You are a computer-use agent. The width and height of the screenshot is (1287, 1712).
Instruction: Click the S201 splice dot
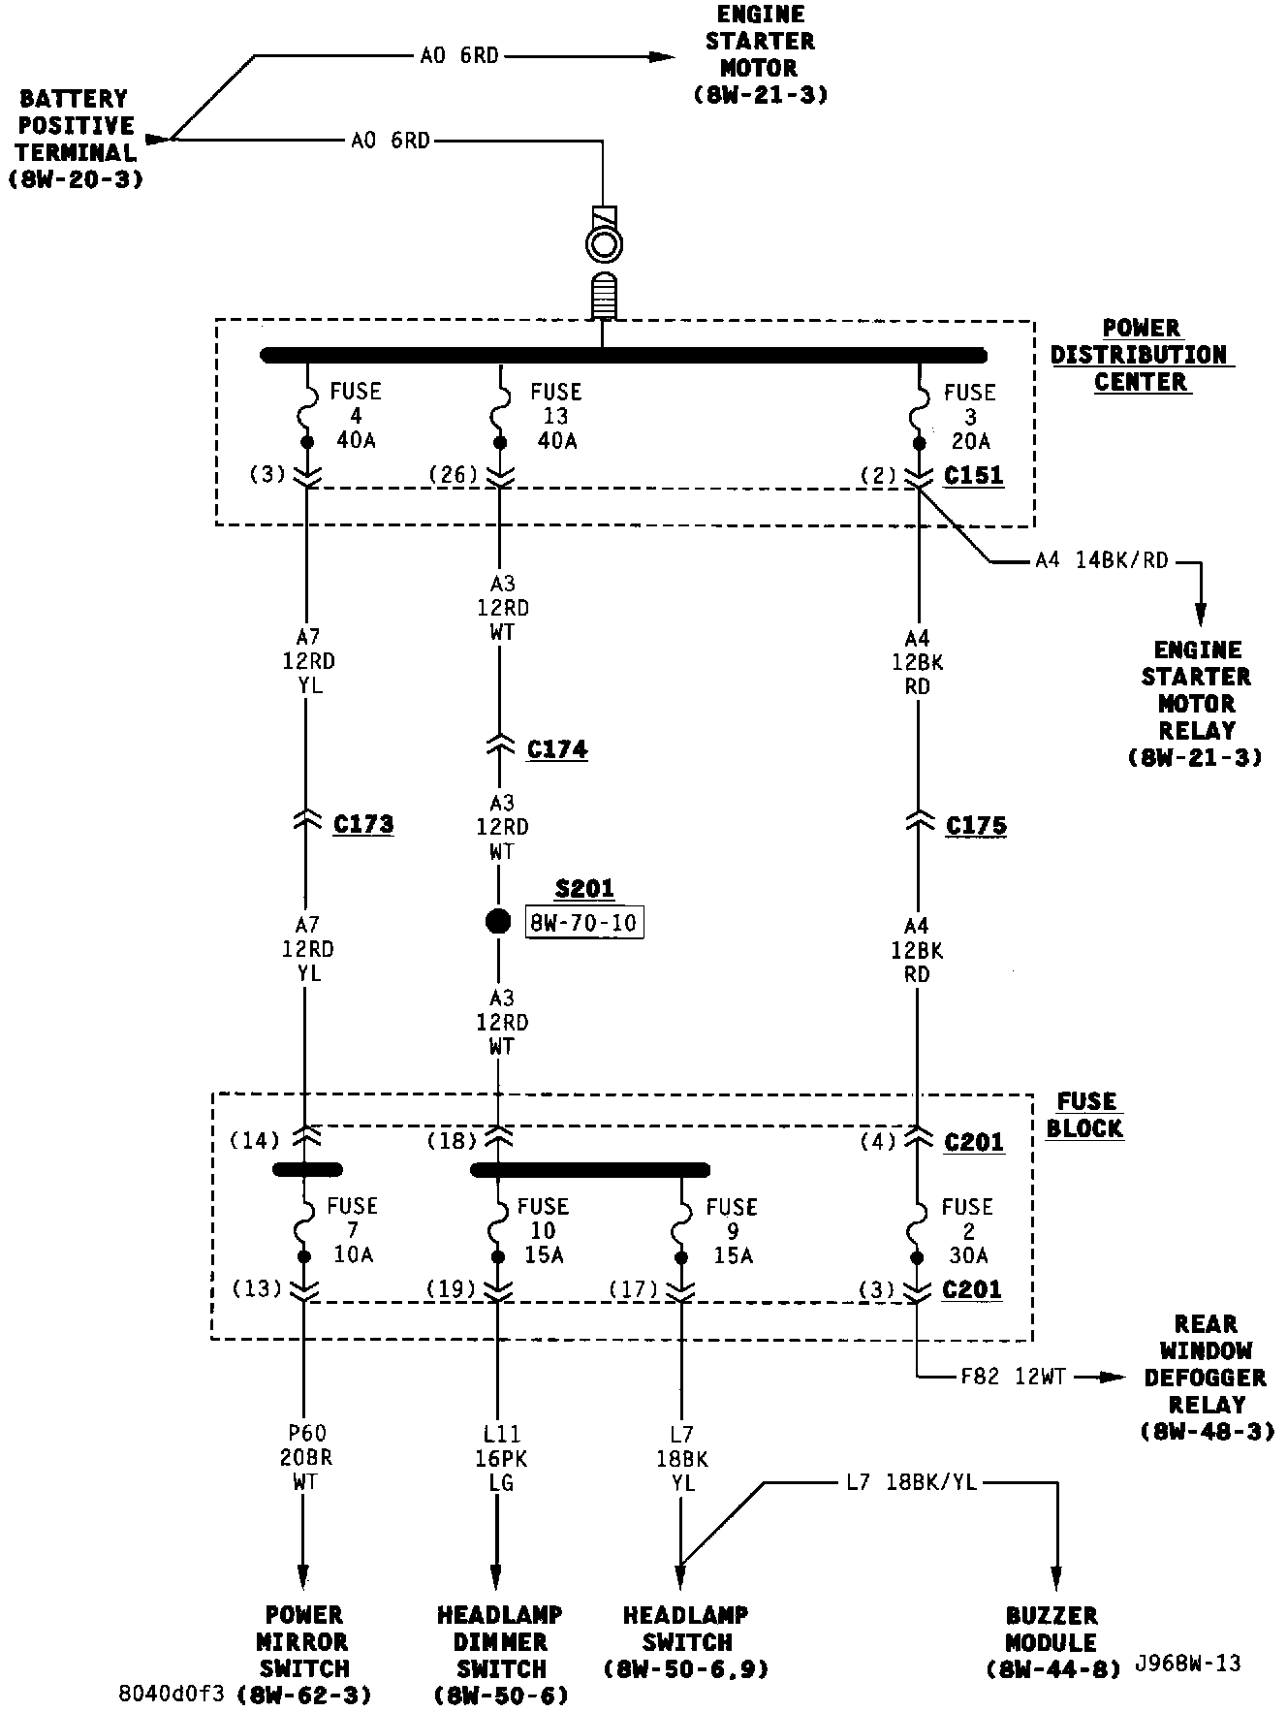point(498,920)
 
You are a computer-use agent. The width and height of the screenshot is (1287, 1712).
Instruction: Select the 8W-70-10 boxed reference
point(584,922)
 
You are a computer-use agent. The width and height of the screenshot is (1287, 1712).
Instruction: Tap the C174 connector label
point(557,749)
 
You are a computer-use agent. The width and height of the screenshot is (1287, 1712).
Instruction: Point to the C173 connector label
point(363,824)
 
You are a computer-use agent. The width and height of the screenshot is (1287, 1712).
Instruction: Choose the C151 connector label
point(974,476)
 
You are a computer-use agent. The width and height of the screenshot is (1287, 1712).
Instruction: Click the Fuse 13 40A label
point(555,416)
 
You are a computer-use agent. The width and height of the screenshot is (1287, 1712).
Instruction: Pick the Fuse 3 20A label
point(969,417)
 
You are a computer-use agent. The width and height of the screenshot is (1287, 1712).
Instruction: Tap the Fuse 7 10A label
point(352,1230)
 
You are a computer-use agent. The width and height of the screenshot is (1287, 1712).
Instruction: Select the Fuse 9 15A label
point(731,1231)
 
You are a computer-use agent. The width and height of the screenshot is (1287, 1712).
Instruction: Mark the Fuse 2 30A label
point(966,1231)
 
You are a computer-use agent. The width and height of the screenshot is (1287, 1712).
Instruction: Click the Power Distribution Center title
point(1141,355)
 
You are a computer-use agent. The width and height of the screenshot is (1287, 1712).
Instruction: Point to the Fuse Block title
point(1084,1115)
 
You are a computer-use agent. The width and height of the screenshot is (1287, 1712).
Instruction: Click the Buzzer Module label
point(1052,1642)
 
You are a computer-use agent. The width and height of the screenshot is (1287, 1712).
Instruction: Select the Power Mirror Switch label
point(304,1642)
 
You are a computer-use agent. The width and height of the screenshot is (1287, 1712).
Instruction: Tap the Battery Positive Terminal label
point(76,139)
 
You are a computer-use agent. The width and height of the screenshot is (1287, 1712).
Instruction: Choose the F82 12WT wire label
point(1013,1377)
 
